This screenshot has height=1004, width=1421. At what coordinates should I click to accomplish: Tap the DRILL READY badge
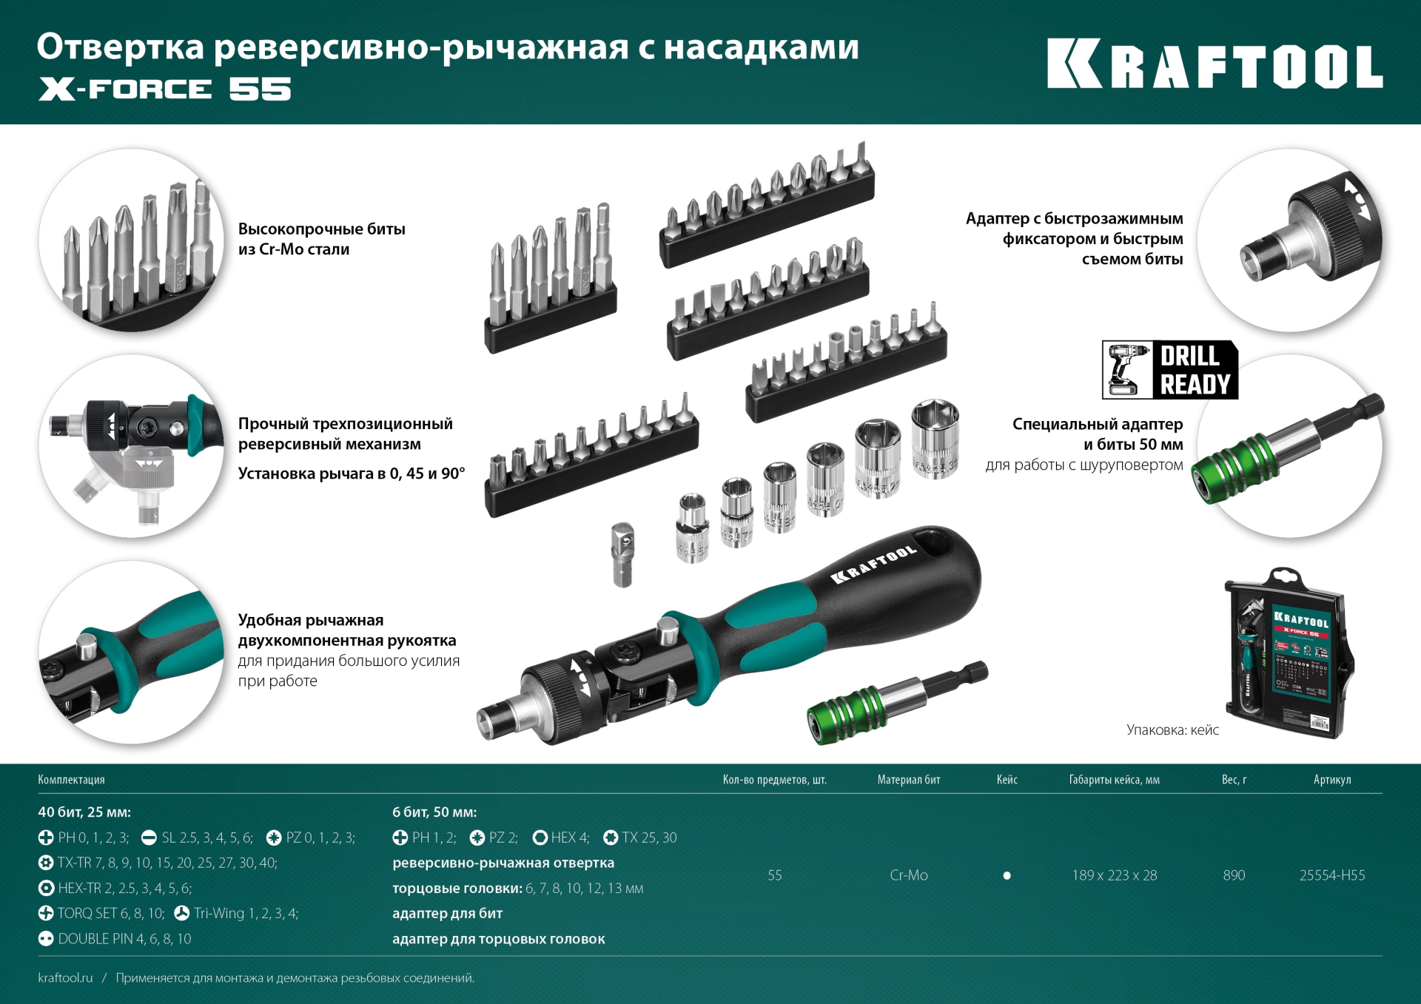click(1169, 370)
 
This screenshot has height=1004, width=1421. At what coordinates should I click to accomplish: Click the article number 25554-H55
click(1331, 875)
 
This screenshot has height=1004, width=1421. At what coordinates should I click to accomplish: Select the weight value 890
click(1234, 875)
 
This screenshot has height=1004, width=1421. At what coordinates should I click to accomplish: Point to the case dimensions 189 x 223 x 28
click(1114, 875)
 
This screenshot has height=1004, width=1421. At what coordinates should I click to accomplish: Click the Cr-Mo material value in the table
click(908, 875)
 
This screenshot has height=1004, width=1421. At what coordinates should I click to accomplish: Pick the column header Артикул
click(1331, 780)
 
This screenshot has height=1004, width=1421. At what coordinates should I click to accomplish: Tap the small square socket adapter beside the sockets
click(622, 554)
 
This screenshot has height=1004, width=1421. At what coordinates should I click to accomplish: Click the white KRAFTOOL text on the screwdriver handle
click(873, 565)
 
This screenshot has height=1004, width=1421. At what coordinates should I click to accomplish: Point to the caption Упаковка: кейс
click(1172, 730)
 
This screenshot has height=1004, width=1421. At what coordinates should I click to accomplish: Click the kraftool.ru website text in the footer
click(65, 978)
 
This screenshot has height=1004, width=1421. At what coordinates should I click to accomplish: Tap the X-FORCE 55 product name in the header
click(164, 90)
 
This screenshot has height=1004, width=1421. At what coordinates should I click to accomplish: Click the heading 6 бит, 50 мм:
click(434, 812)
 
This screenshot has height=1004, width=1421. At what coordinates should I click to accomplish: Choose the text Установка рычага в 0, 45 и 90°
click(351, 474)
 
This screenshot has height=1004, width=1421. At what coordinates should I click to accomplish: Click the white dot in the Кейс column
click(1007, 875)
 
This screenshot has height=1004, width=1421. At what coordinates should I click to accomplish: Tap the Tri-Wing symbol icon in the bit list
click(181, 914)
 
